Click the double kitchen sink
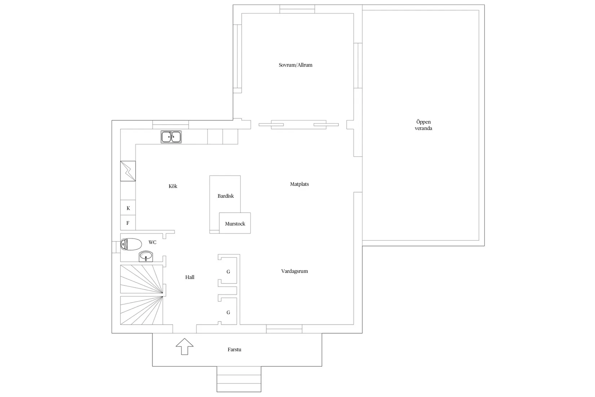tap(171, 137)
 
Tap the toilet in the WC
tap(131, 244)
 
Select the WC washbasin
tap(146, 256)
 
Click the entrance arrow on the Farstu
tap(185, 346)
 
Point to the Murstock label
tap(235, 224)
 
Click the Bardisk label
tap(225, 196)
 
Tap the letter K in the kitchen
tap(128, 208)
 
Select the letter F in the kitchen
tap(128, 223)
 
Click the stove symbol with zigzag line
tap(128, 171)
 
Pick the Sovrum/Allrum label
tap(295, 65)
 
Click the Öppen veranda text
tap(423, 125)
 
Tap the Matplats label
tap(299, 184)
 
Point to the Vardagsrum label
tap(295, 271)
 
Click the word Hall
tap(190, 277)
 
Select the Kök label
tap(173, 186)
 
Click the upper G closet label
tap(228, 272)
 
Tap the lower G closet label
tap(228, 313)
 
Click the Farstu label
tap(234, 349)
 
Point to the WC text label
tap(153, 242)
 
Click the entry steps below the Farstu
tap(239, 379)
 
